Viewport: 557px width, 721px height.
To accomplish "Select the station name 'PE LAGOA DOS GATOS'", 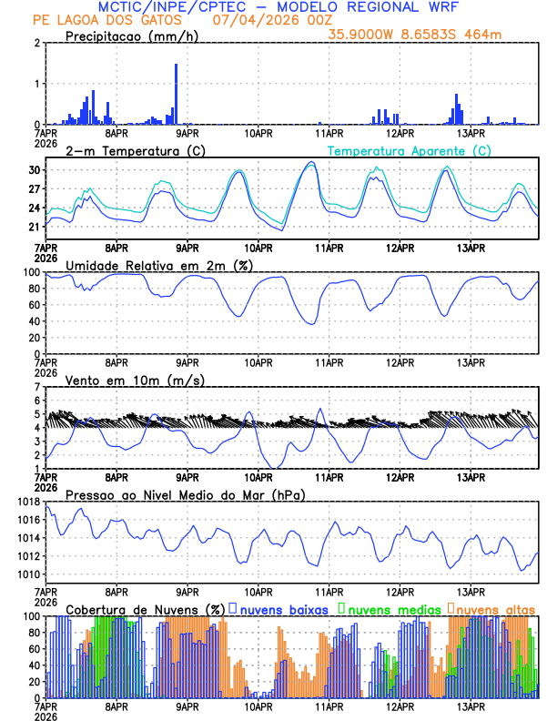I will (x=106, y=20).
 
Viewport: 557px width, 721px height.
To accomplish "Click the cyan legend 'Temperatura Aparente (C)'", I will (x=410, y=150).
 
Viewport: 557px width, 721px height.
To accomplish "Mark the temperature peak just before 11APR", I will (x=311, y=162).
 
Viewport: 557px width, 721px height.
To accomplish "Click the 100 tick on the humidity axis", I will (x=31, y=272).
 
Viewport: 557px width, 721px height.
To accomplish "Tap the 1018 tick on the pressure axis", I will (x=27, y=502).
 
